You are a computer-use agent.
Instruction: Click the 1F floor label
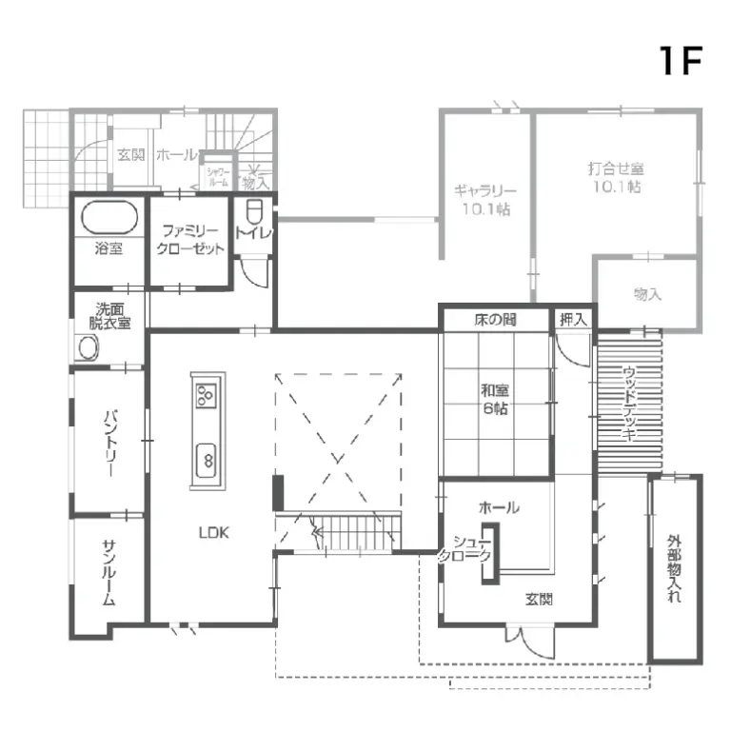[x=680, y=60]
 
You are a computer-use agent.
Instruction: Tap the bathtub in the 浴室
[x=109, y=218]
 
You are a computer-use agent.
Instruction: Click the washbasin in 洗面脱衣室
[x=89, y=348]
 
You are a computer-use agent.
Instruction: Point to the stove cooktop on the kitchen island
[x=207, y=393]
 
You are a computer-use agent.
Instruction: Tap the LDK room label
[x=213, y=533]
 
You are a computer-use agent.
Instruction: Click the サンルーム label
[x=109, y=573]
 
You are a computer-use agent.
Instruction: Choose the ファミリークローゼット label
[x=191, y=240]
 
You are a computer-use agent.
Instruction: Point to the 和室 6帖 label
[x=495, y=398]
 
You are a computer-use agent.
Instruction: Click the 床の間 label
[x=495, y=320]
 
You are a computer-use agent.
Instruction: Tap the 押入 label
[x=573, y=320]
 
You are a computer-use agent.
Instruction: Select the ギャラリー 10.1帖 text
[x=484, y=199]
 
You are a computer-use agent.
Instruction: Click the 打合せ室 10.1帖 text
[x=616, y=177]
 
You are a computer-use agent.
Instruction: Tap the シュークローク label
[x=466, y=549]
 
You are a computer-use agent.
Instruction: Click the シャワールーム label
[x=217, y=176]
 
